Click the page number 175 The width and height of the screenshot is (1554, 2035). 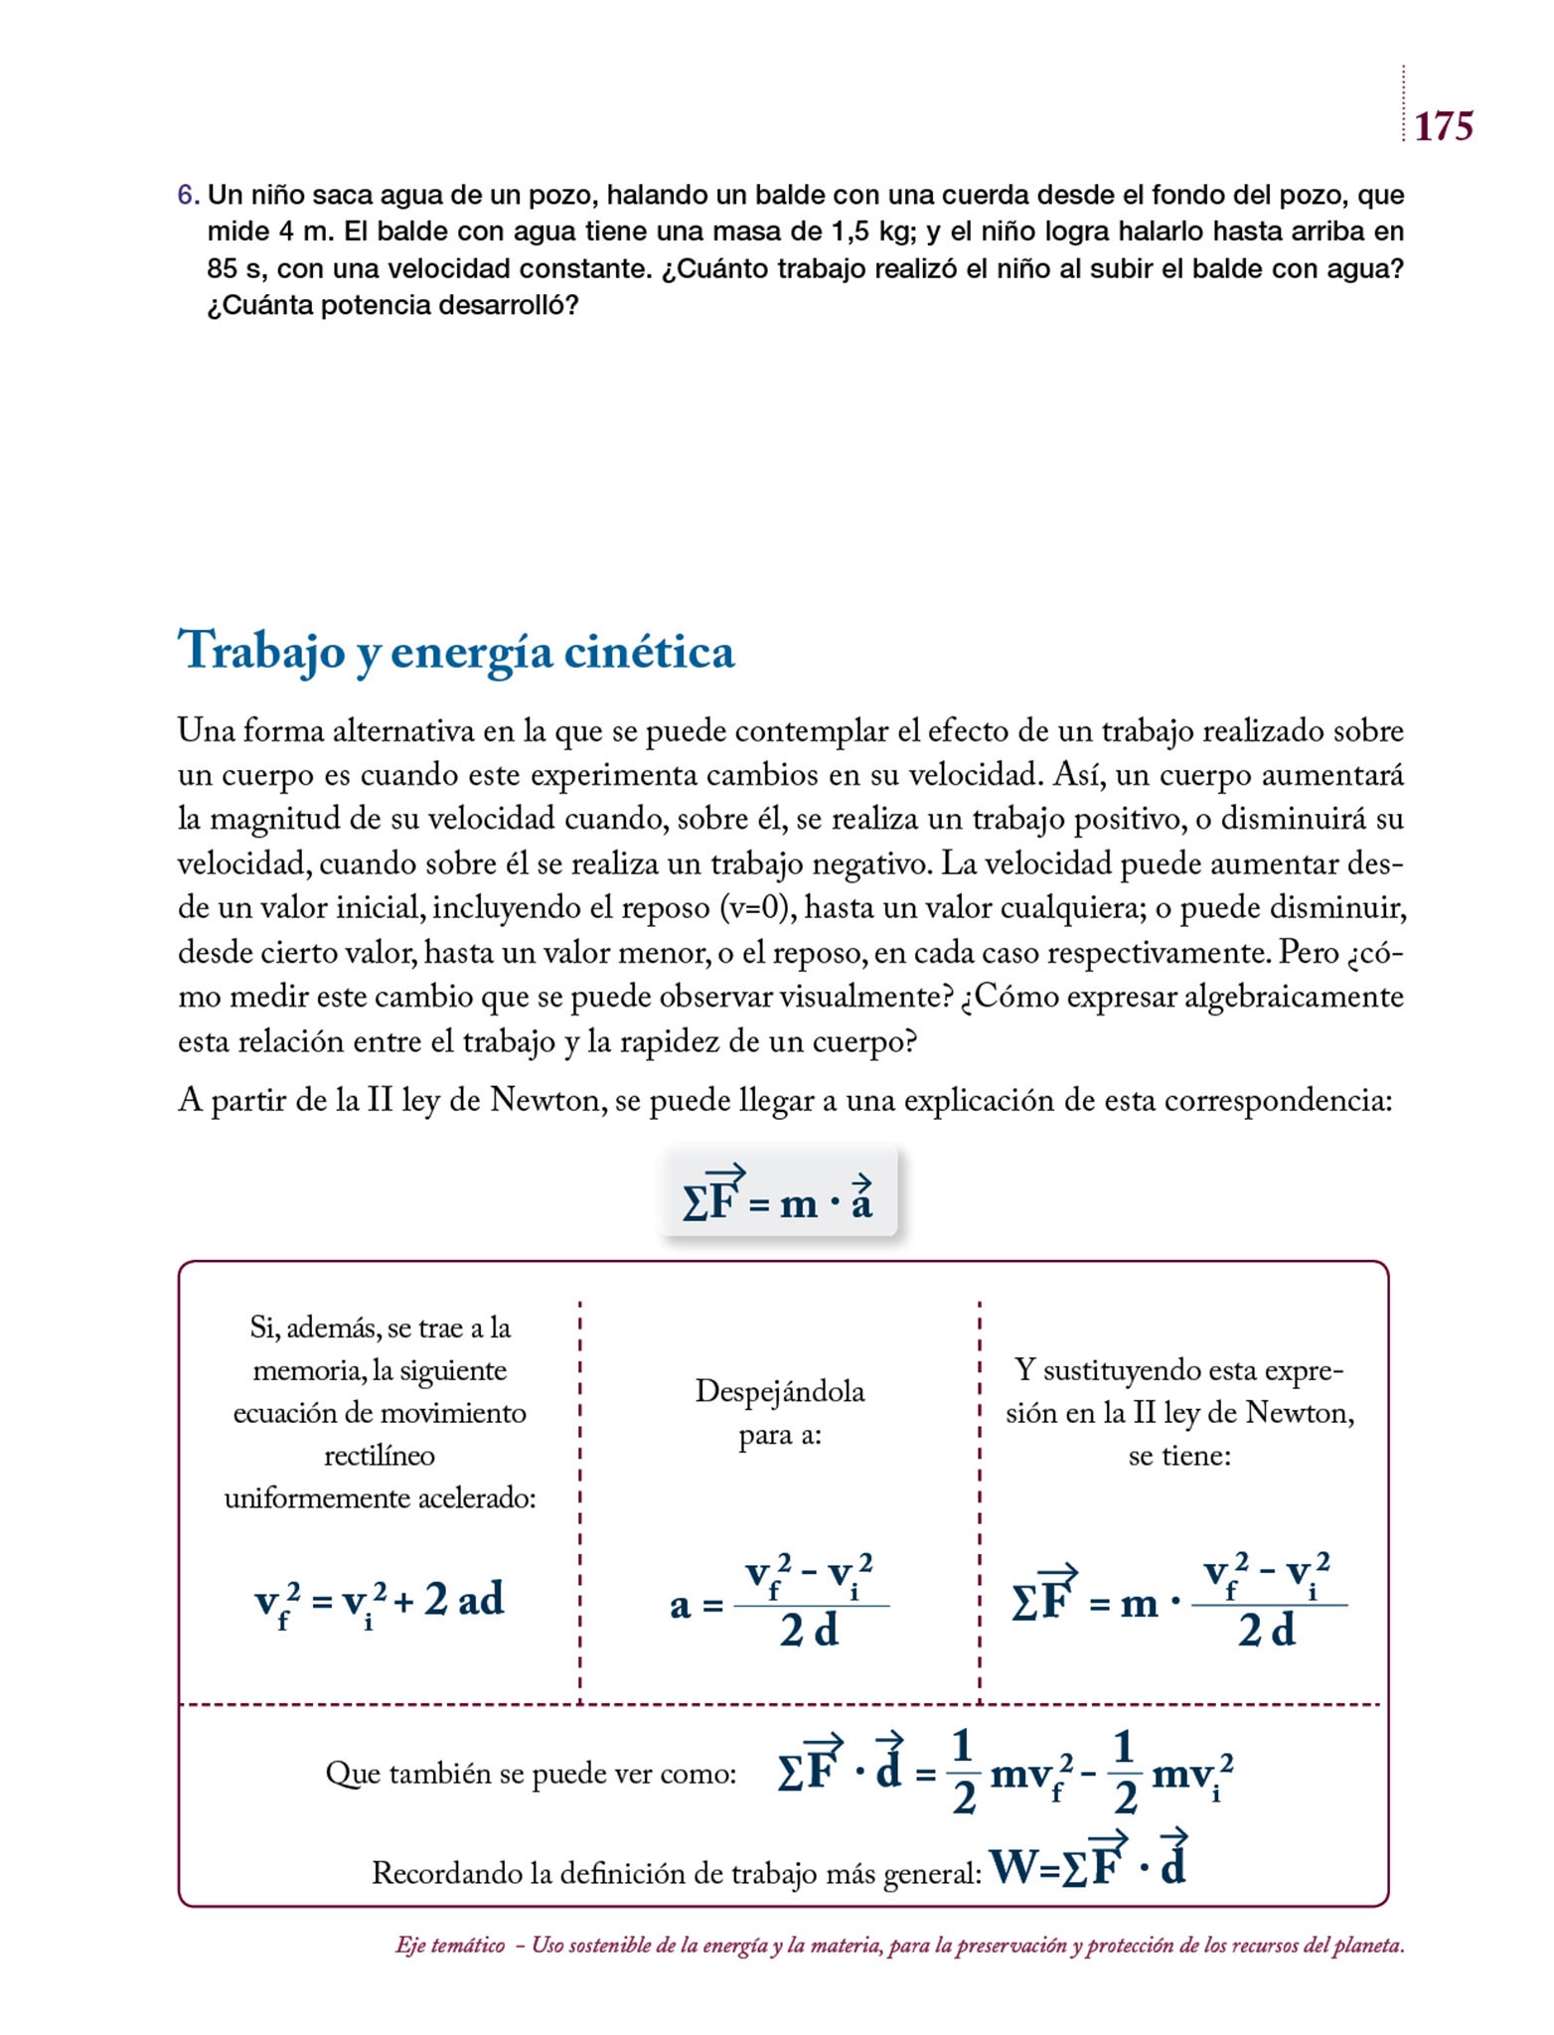(1443, 126)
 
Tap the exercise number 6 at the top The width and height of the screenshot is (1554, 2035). (186, 196)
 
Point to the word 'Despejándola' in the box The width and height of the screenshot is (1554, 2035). (780, 1391)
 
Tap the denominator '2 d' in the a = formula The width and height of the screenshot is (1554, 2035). (809, 1631)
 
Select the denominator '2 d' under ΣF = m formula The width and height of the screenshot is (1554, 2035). (1267, 1631)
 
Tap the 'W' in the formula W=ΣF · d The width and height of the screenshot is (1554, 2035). (1012, 1868)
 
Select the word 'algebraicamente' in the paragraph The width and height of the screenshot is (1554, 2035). (1295, 997)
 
